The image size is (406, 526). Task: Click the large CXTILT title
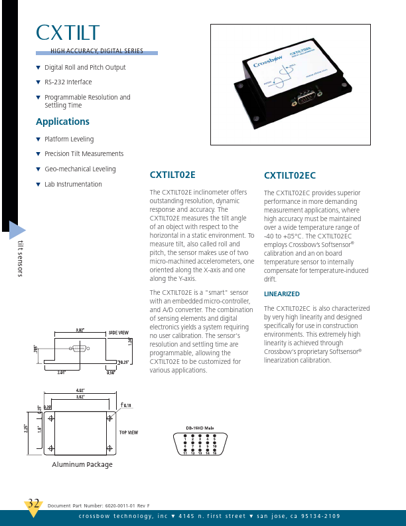click(x=68, y=33)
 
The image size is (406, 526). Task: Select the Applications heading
click(x=62, y=122)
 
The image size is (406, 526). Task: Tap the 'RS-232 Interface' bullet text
click(x=68, y=82)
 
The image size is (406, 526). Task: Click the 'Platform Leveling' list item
click(x=69, y=139)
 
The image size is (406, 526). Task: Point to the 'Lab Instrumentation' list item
click(x=73, y=185)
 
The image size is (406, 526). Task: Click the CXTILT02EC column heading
click(x=290, y=175)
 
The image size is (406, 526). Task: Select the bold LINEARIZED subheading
click(x=282, y=294)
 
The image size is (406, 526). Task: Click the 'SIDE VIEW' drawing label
click(x=118, y=332)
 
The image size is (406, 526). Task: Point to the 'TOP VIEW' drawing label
click(x=128, y=432)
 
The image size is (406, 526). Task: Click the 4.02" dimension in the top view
click(x=80, y=391)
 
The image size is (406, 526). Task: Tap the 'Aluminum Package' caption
click(x=82, y=465)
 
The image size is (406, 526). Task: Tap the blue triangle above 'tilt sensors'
click(x=17, y=230)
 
